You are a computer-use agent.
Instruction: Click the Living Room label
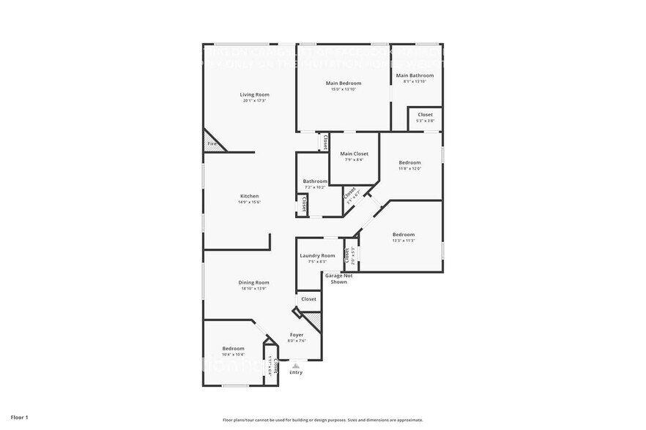tap(255, 94)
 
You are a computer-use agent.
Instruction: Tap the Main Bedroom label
tap(344, 83)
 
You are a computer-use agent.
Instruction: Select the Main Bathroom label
tap(415, 75)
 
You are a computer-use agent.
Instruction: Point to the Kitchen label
tap(250, 196)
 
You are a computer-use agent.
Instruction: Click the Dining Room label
tap(253, 282)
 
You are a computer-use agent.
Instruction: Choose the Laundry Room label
tap(317, 255)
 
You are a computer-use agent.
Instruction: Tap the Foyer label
tap(297, 334)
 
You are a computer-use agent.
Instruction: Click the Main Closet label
tap(354, 154)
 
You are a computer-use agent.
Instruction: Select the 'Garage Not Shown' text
tap(339, 279)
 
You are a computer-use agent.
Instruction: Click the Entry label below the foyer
tap(296, 372)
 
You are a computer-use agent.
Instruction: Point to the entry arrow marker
tap(296, 364)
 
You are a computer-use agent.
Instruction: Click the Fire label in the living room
tap(212, 144)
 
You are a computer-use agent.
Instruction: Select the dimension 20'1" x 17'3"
tap(255, 101)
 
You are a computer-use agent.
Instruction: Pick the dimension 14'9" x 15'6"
tap(249, 203)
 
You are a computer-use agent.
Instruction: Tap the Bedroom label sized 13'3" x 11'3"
tap(404, 235)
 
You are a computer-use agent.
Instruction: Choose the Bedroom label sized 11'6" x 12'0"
tap(410, 162)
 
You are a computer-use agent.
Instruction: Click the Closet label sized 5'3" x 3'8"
tap(425, 115)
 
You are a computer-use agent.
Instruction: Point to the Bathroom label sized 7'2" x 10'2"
tap(316, 181)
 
